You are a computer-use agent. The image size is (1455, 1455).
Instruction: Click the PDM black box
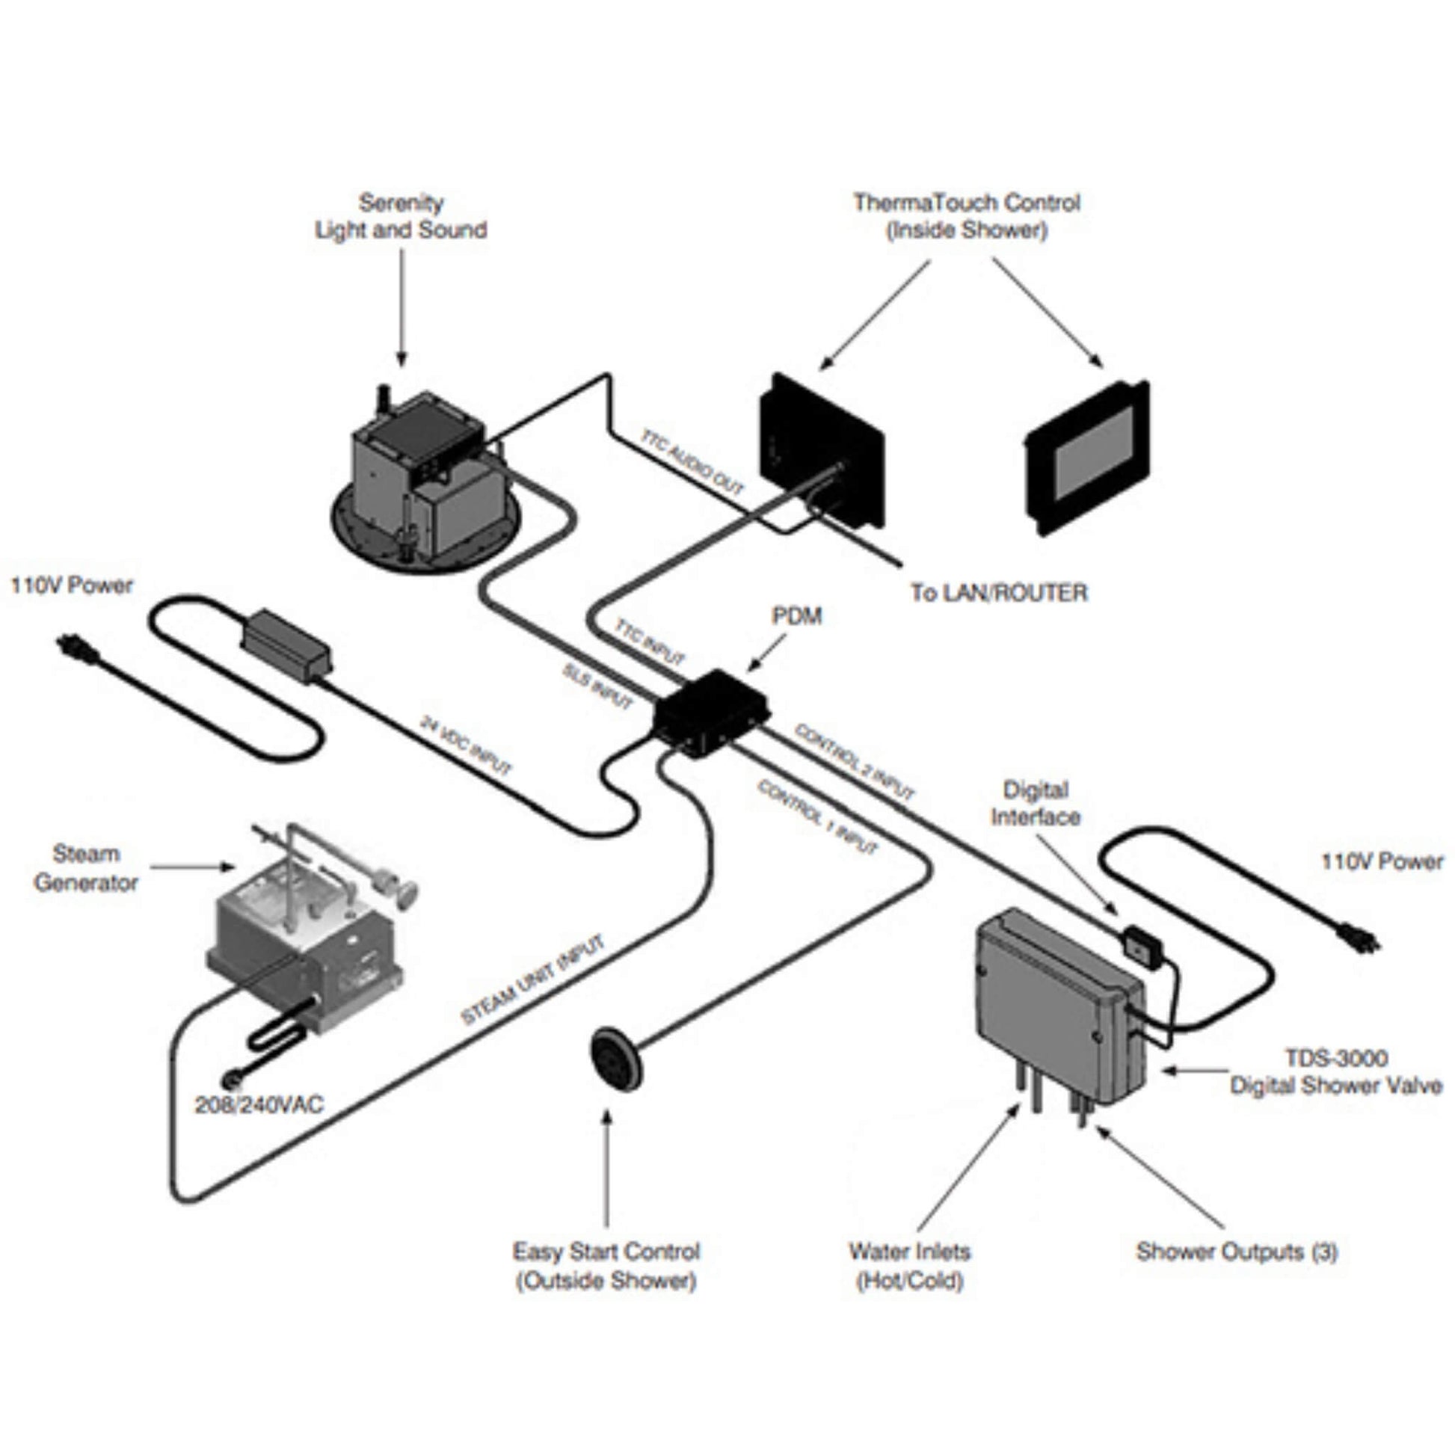(710, 712)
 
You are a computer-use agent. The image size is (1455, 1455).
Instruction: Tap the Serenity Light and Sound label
(401, 216)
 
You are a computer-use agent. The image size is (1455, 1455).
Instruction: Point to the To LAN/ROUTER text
(1000, 593)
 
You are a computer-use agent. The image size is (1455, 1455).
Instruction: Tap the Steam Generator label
(86, 868)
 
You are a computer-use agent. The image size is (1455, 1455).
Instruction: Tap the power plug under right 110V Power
(1359, 938)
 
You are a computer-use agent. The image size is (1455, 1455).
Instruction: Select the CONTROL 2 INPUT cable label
(855, 761)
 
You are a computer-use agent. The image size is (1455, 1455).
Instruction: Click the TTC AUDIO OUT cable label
(692, 461)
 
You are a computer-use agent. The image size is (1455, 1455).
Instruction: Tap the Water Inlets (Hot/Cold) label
(910, 1265)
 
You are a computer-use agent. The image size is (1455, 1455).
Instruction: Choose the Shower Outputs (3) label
(1237, 1252)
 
